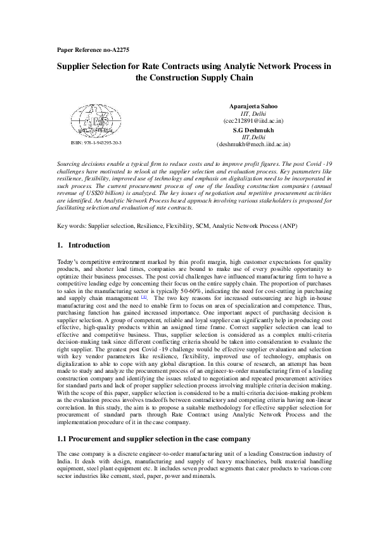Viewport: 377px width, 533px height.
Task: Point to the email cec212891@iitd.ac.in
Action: click(253, 120)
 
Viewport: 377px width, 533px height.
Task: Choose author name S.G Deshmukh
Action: click(253, 129)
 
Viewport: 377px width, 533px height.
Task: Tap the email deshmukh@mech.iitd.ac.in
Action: click(253, 144)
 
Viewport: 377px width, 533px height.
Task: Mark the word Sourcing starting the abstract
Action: click(70, 164)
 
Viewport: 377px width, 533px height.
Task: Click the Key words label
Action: click(70, 225)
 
